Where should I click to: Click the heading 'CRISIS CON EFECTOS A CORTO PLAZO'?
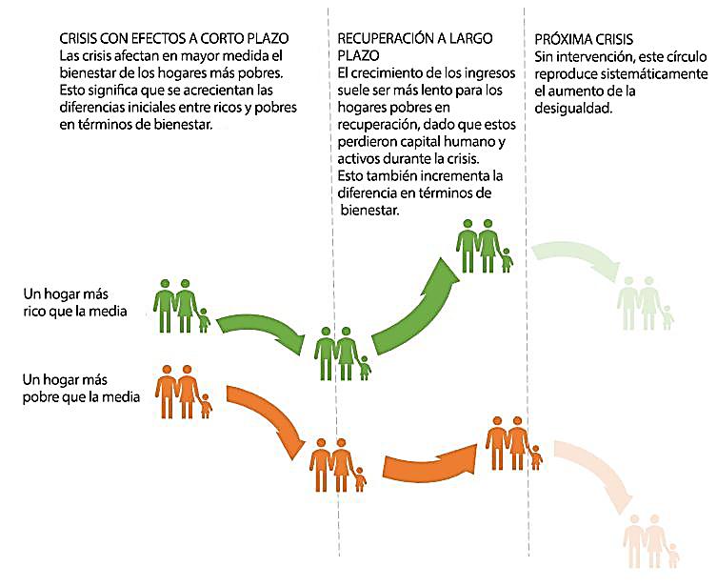[x=173, y=39]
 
